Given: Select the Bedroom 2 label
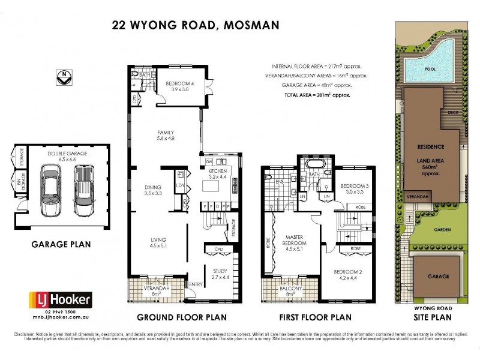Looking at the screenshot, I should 350,274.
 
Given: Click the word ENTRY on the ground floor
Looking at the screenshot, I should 196,284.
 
